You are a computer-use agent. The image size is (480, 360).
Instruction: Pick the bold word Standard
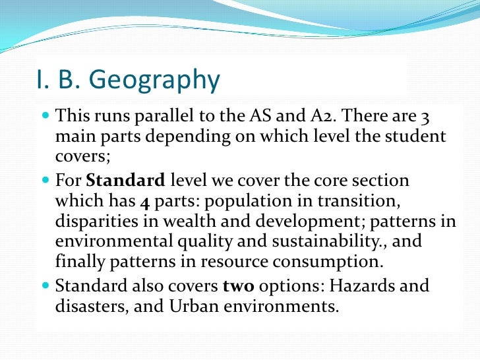125,180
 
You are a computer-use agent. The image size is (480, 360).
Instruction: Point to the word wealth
195,220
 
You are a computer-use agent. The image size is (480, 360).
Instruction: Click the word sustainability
326,241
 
